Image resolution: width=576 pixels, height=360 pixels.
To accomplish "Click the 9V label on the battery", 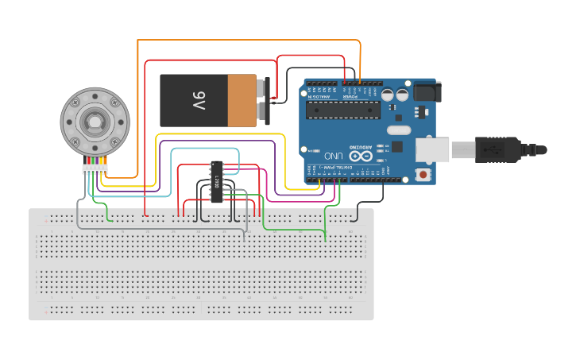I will coord(198,100).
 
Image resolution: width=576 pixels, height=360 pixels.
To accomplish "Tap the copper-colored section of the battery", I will coord(242,100).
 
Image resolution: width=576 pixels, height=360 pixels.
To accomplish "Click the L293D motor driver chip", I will coord(215,181).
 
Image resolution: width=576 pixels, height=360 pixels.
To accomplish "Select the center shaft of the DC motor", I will coord(95,122).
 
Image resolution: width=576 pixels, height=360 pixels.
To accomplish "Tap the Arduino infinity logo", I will coord(361,156).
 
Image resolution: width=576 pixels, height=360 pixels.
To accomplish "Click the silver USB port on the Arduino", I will coord(432,149).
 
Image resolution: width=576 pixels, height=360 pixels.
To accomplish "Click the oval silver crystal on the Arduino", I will coord(398,130).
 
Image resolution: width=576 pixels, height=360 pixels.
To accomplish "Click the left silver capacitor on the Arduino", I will coord(388,95).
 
